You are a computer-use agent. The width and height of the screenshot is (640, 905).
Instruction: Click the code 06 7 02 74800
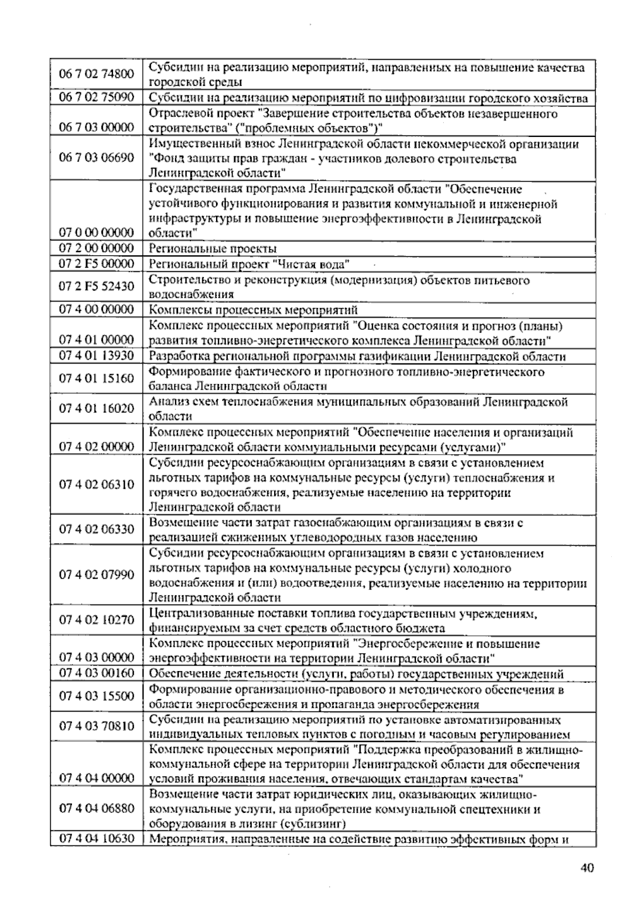tap(96, 74)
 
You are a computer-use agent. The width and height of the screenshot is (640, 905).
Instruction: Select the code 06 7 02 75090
tap(96, 97)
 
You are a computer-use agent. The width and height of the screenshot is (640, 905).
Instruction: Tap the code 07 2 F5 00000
tap(96, 263)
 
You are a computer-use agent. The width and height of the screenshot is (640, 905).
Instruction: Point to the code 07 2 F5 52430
tap(96, 286)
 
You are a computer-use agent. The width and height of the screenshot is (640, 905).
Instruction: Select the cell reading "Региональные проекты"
tap(213, 248)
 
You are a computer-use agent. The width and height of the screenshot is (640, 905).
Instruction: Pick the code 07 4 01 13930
tap(96, 355)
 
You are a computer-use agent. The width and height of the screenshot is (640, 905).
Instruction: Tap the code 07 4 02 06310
tap(96, 484)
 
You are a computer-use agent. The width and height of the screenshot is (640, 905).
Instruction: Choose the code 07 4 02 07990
tap(96, 575)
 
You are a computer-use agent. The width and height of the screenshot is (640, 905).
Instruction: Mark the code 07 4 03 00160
tap(96, 673)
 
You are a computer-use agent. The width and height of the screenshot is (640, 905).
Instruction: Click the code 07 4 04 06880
tap(96, 808)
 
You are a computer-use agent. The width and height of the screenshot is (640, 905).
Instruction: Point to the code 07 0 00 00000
tap(96, 232)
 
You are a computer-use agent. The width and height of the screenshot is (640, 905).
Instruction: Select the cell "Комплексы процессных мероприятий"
tap(253, 310)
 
